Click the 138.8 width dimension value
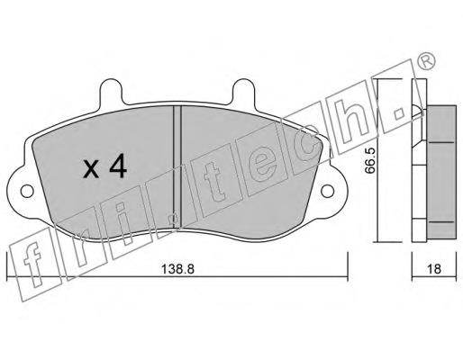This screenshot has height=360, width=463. (177, 268)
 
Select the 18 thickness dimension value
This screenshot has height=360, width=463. (434, 268)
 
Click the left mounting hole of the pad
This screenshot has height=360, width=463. (27, 191)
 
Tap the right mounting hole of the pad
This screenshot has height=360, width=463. (327, 191)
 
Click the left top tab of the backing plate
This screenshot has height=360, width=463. (112, 91)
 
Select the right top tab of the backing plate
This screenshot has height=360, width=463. (244, 91)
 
